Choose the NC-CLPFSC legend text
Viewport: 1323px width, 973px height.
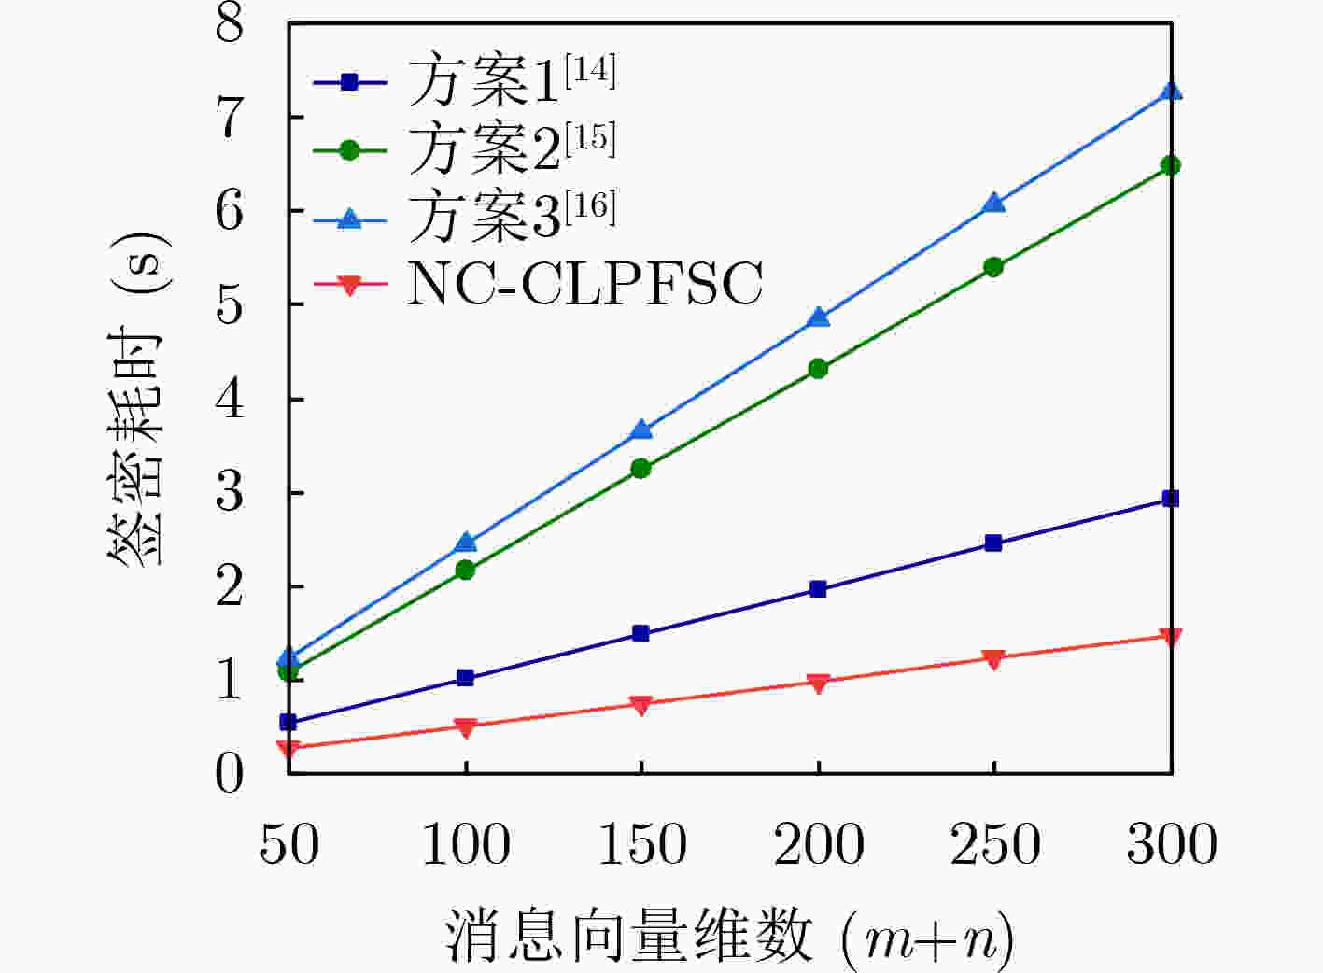pos(584,284)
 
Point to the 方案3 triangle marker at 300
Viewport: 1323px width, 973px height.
pos(1171,92)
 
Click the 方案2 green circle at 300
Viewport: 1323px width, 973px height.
pos(1171,165)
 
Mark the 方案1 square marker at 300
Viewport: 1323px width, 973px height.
pos(1171,499)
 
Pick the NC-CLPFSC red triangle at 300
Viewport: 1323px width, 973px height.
pos(1171,637)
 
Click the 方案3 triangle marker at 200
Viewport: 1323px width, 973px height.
pos(818,317)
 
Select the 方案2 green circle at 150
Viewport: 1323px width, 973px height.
pos(641,469)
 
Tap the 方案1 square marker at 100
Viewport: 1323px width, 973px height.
pos(465,678)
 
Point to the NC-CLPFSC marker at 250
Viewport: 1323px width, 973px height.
pos(994,659)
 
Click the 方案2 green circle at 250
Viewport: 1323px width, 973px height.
pos(994,267)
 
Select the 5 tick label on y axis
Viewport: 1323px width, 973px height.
pos(230,304)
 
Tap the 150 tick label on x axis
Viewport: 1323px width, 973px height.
pos(641,844)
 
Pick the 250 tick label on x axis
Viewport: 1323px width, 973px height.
pos(994,844)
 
